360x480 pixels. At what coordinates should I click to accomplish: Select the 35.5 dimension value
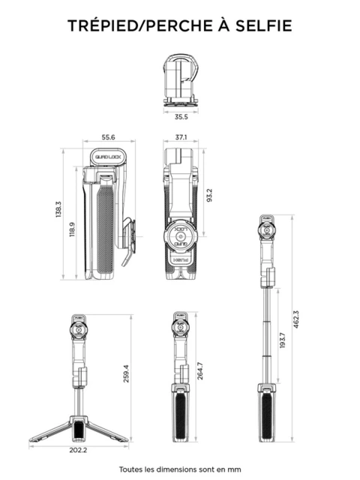[x=181, y=117]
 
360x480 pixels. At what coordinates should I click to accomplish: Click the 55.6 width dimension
[x=108, y=137]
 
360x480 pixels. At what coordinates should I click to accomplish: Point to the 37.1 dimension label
[x=181, y=137]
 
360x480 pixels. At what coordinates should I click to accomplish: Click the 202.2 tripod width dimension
[x=78, y=450]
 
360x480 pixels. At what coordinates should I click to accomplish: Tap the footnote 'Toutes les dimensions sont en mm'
[x=180, y=469]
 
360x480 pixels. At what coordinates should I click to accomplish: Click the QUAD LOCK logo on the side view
[x=105, y=157]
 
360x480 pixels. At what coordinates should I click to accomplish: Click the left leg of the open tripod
[x=52, y=430]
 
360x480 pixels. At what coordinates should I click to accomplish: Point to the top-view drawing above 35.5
[x=181, y=79]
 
